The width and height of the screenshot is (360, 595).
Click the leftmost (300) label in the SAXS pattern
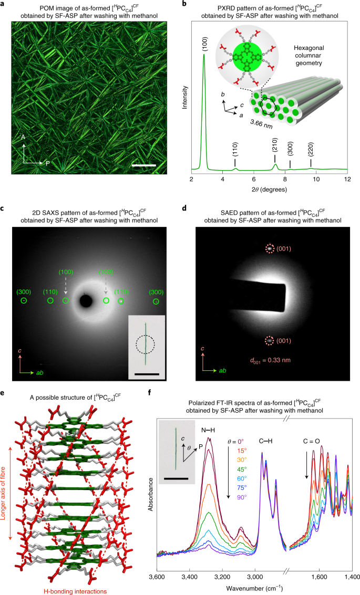tap(24, 291)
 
